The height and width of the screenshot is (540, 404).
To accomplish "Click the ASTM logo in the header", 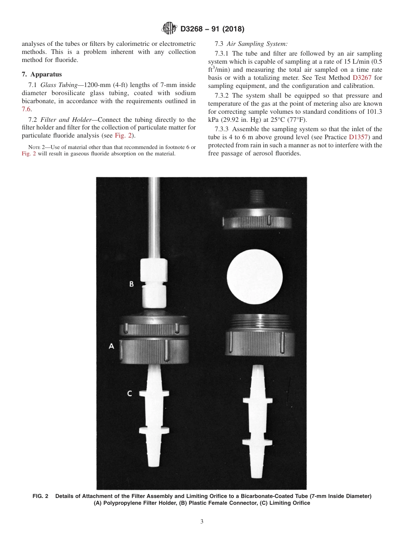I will click(170, 29).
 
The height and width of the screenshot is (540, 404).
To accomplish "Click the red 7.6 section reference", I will click(26, 109).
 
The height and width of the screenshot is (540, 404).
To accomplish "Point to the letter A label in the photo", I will click(111, 346).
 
